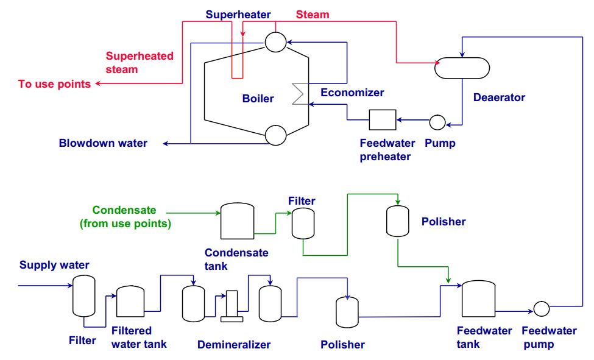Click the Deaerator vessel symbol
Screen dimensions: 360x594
[x=462, y=68]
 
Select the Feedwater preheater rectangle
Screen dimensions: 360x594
[x=382, y=120]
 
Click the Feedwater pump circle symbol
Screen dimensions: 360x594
[x=541, y=309]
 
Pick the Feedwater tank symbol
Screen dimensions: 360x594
[x=478, y=298]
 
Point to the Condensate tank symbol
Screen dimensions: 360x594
[x=236, y=221]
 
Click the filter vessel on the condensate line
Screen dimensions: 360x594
[x=302, y=223]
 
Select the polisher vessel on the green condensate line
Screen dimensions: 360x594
[x=397, y=221]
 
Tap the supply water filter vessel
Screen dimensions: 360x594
[x=84, y=295]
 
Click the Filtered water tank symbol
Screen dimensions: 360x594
[x=130, y=301]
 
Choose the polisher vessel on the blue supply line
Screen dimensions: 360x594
[x=347, y=312]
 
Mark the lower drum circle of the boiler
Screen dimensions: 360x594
[x=275, y=134]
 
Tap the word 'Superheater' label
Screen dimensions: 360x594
[x=238, y=15]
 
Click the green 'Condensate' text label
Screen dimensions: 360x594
[x=124, y=210]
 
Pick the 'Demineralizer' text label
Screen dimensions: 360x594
[x=233, y=345]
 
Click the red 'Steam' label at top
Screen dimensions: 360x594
[x=312, y=14]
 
